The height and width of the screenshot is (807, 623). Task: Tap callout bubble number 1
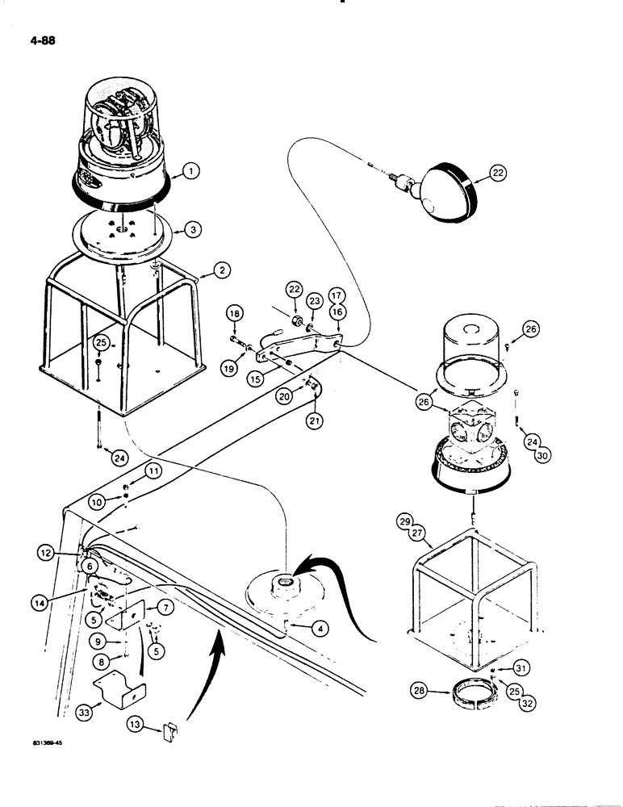190,171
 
